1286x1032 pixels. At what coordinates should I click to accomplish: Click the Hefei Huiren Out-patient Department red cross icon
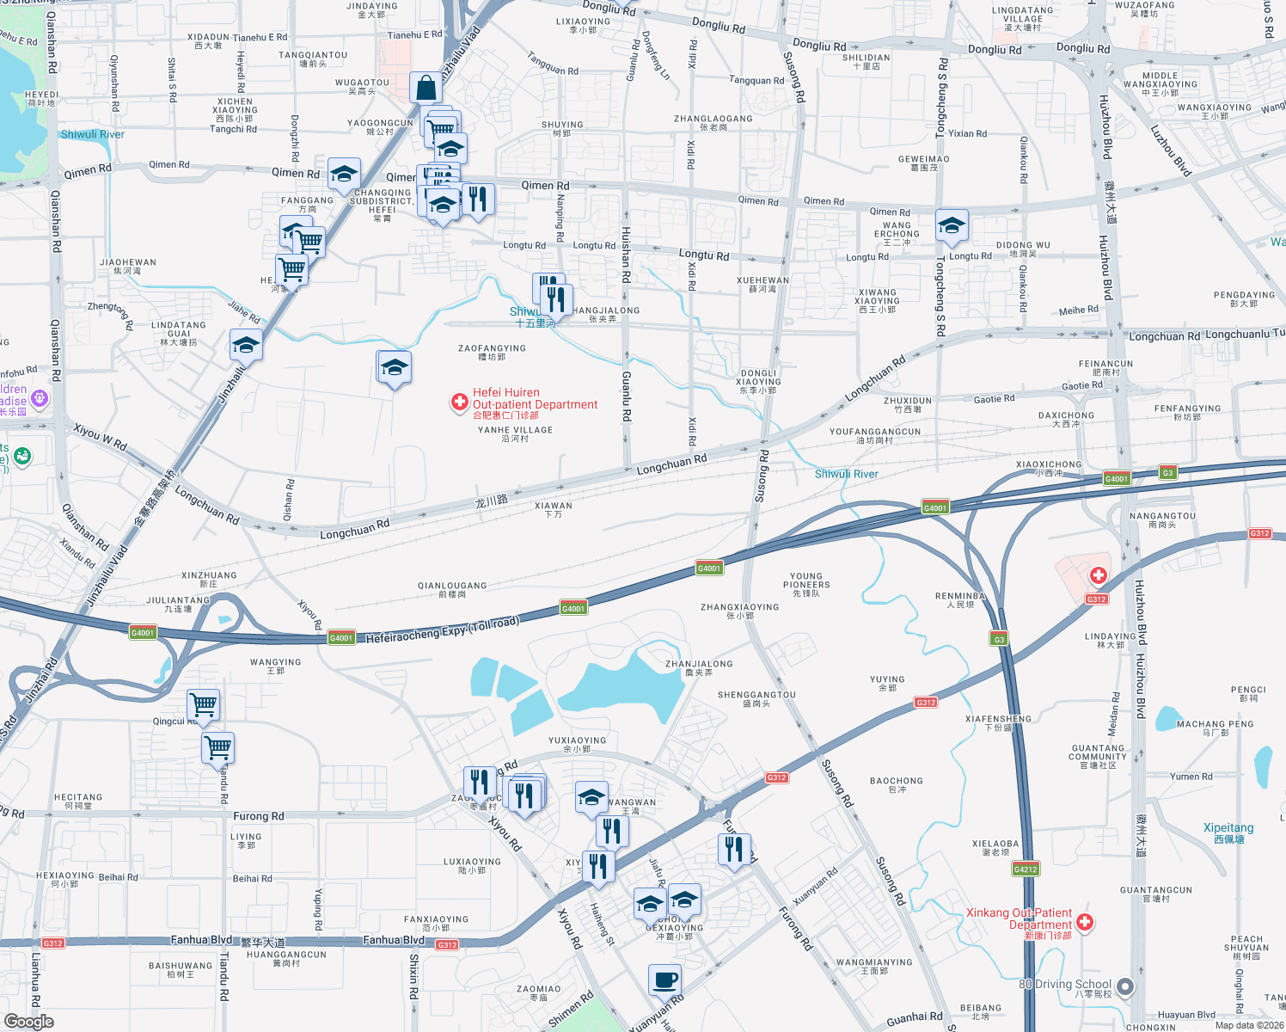coord(460,402)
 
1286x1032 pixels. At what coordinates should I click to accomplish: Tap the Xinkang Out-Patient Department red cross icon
coord(1085,922)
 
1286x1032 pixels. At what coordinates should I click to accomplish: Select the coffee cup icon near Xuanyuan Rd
coord(664,980)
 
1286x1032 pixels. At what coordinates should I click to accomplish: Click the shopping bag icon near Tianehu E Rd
coord(426,88)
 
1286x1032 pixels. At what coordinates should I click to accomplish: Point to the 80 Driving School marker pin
coord(1125,986)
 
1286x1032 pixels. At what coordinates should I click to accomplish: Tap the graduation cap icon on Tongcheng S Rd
coord(951,226)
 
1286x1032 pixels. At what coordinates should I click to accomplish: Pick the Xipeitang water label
coord(1228,832)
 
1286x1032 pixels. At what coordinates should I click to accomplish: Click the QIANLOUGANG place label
coord(452,589)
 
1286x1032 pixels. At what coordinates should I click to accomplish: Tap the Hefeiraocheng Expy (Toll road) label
coord(443,630)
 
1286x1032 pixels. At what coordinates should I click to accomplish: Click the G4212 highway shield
coord(1026,869)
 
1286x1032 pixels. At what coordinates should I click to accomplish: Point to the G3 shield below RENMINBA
coord(998,639)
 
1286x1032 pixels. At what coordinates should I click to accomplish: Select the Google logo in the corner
coord(29,1021)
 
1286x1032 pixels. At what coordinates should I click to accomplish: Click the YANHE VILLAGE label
coord(515,433)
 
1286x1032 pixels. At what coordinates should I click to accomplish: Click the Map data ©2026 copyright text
coord(1249,1025)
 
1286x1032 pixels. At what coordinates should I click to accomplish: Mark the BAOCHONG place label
coord(896,784)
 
